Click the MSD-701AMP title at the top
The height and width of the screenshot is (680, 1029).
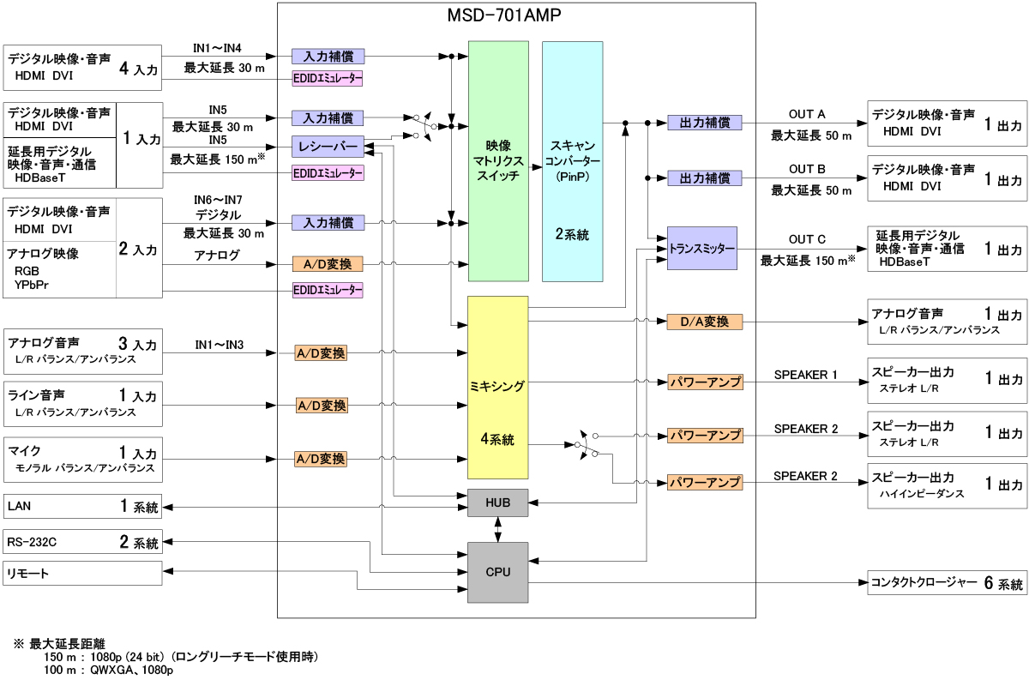[516, 15]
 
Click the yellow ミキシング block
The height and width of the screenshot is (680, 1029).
[497, 386]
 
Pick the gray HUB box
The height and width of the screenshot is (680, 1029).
[497, 502]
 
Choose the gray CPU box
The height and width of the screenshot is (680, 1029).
[497, 571]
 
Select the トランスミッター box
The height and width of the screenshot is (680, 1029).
[702, 248]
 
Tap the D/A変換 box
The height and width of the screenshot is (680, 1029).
[704, 322]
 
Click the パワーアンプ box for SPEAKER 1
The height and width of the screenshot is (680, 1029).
[704, 382]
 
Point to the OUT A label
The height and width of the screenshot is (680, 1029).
[807, 115]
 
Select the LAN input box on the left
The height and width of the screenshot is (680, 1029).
[82, 507]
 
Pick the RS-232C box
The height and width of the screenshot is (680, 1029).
[82, 542]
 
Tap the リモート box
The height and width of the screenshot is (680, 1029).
[82, 573]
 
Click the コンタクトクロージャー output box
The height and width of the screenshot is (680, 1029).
[946, 583]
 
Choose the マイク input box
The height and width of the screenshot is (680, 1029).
[82, 459]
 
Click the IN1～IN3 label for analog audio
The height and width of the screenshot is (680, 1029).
[219, 345]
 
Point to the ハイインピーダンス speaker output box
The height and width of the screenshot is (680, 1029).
[946, 484]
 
